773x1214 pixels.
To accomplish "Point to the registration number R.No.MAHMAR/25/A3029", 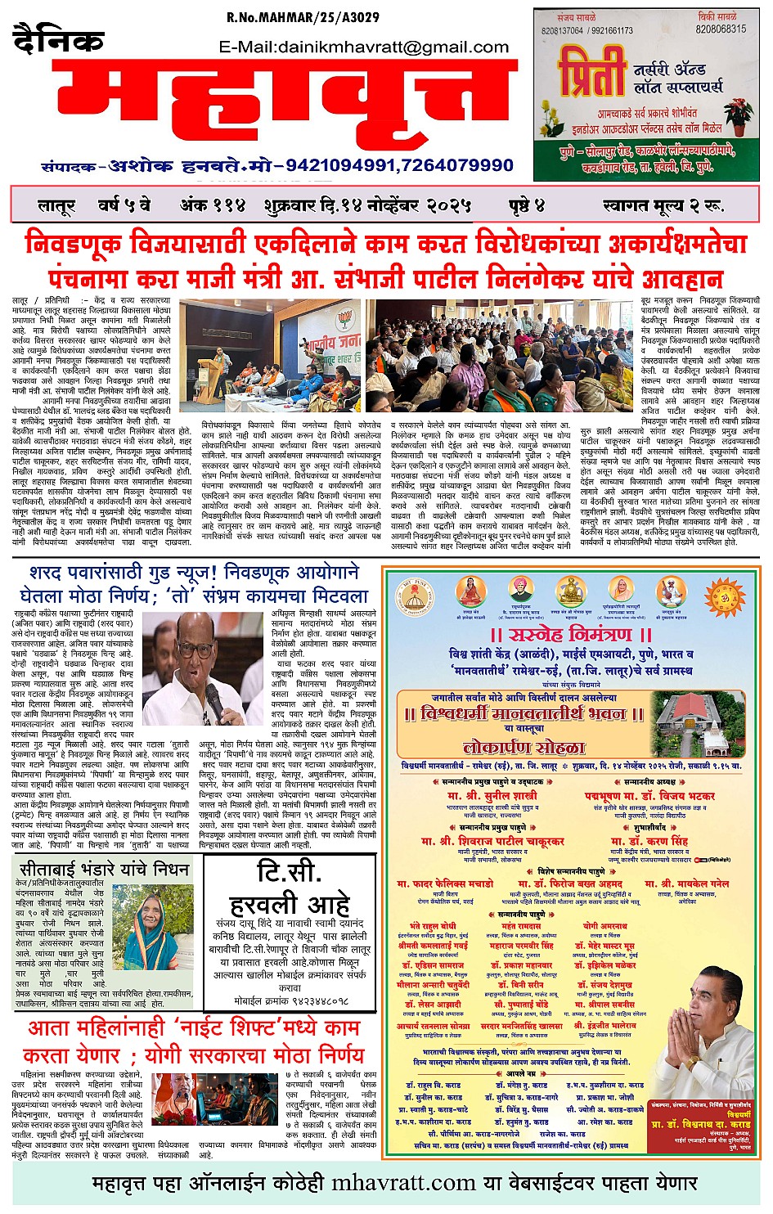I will click(x=303, y=18).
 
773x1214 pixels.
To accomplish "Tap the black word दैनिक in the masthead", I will click(x=59, y=41).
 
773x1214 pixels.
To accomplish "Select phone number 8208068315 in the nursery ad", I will click(x=721, y=29).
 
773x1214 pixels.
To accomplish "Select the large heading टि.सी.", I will click(x=289, y=872).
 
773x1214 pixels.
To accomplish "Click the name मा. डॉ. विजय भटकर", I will click(x=649, y=796).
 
